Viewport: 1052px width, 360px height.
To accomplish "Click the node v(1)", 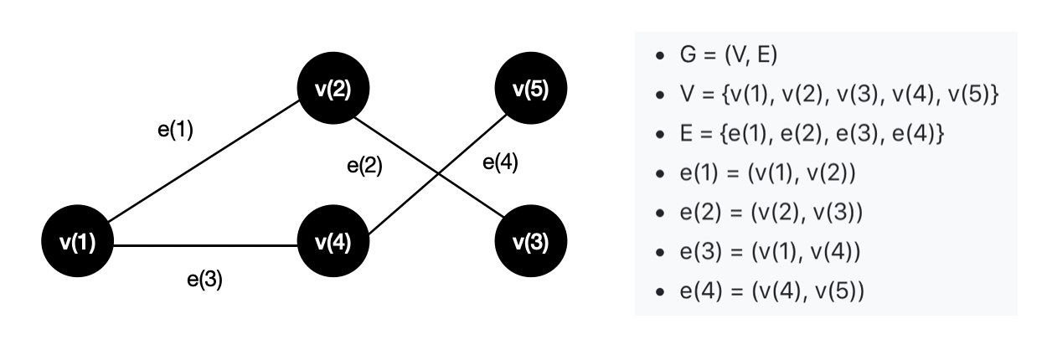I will point(77,244).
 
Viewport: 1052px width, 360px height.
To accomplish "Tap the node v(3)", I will point(531,244).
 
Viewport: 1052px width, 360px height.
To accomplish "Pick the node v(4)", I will point(333,244).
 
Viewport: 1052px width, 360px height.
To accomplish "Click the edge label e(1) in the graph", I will point(175,131).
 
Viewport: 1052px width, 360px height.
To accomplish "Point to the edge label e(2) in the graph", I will point(364,166).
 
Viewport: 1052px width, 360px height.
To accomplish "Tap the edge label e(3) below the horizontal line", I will point(204,280).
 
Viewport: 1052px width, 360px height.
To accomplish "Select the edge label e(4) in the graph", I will point(500,163).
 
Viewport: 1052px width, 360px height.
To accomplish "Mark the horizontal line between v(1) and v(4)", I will point(205,245).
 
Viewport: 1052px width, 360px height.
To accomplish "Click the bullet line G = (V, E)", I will point(729,55).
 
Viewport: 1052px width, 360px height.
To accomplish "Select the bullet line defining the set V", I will point(838,95).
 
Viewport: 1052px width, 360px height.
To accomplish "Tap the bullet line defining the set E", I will point(795,134).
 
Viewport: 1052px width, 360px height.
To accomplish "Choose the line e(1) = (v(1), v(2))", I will point(767,173).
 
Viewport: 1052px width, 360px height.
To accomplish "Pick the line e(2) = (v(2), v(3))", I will point(771,213).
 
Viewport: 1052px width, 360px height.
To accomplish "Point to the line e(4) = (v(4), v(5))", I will point(771,291).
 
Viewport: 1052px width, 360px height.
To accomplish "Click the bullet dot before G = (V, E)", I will point(661,56).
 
